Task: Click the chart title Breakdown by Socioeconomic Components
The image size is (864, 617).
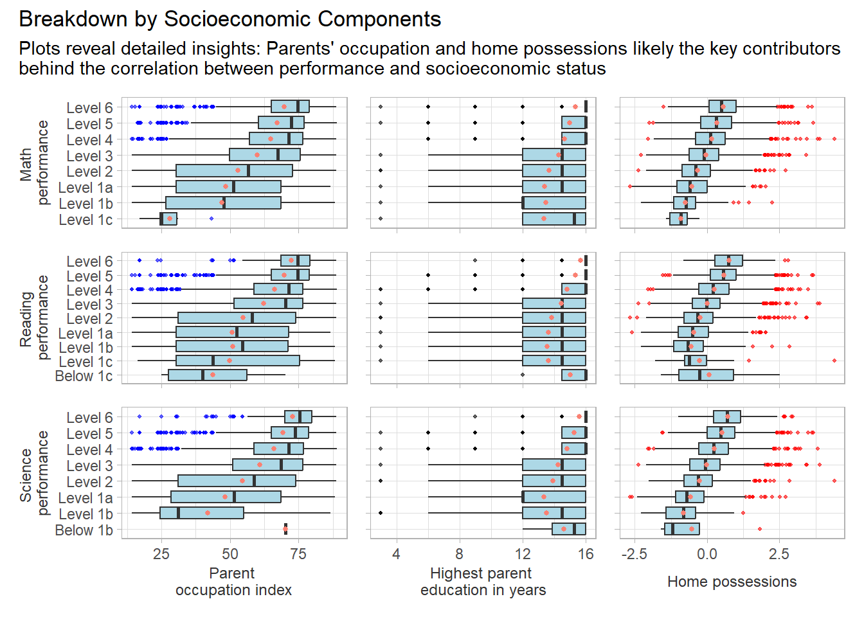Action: pos(230,19)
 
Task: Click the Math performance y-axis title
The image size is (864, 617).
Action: pos(34,163)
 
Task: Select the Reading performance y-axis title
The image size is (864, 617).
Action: pos(34,317)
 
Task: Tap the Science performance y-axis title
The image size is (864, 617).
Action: pos(34,474)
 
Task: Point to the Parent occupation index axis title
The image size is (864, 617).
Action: pos(233,582)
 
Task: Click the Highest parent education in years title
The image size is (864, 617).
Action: pos(482,582)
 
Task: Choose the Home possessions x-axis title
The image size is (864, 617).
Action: pos(732,582)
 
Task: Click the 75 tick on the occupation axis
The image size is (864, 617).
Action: pos(298,554)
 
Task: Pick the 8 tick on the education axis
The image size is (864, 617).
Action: pos(459,554)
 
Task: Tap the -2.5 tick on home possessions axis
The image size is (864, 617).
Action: pos(634,554)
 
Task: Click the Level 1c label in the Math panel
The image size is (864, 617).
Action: pos(85,220)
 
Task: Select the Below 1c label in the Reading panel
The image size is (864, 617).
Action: pos(84,376)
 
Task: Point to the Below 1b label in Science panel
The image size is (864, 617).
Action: pos(84,530)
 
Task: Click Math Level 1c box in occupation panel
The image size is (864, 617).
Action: pos(168,219)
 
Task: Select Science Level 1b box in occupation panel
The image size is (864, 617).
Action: pos(202,513)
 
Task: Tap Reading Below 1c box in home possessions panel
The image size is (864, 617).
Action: pos(706,375)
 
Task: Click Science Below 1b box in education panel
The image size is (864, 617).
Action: pos(569,529)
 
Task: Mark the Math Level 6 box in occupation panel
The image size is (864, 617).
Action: pos(290,107)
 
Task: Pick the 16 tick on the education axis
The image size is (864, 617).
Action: pos(586,554)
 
